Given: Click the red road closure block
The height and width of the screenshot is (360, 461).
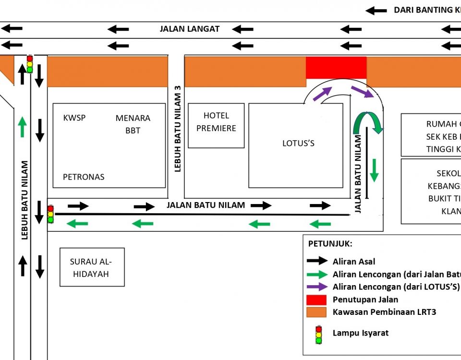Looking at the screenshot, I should pos(336,67).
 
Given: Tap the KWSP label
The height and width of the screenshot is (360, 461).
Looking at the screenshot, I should pos(74,118).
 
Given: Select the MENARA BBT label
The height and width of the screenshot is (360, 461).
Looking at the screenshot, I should pos(133,124).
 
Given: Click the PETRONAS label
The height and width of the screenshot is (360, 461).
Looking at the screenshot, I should pos(84,177).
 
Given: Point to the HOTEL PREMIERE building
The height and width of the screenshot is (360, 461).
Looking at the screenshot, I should pos(216,125).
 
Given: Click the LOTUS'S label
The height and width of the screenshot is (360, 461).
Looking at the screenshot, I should pos(298,143).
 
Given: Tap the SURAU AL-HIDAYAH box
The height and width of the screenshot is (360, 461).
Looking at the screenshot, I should pos(92,267).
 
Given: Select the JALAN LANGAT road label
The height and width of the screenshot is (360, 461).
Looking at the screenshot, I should pos(190,29).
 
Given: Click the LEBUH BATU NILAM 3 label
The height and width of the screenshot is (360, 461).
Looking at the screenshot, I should pos(177,129).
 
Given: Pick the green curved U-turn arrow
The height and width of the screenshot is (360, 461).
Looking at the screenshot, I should pos(368,122).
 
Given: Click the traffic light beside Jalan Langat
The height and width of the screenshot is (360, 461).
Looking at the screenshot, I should pos(30,64).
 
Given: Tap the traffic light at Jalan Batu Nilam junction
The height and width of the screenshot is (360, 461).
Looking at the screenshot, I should pos(50,214).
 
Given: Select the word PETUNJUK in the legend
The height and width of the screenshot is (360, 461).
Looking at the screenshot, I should pos(330,244).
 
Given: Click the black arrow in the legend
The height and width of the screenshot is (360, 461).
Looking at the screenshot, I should pos(317,262).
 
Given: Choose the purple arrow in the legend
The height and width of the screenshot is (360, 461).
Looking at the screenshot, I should pos(317,287).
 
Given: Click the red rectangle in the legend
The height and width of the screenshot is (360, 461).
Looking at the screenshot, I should pos(317,300).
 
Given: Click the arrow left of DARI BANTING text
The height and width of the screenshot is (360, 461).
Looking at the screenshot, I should pos(376,10).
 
